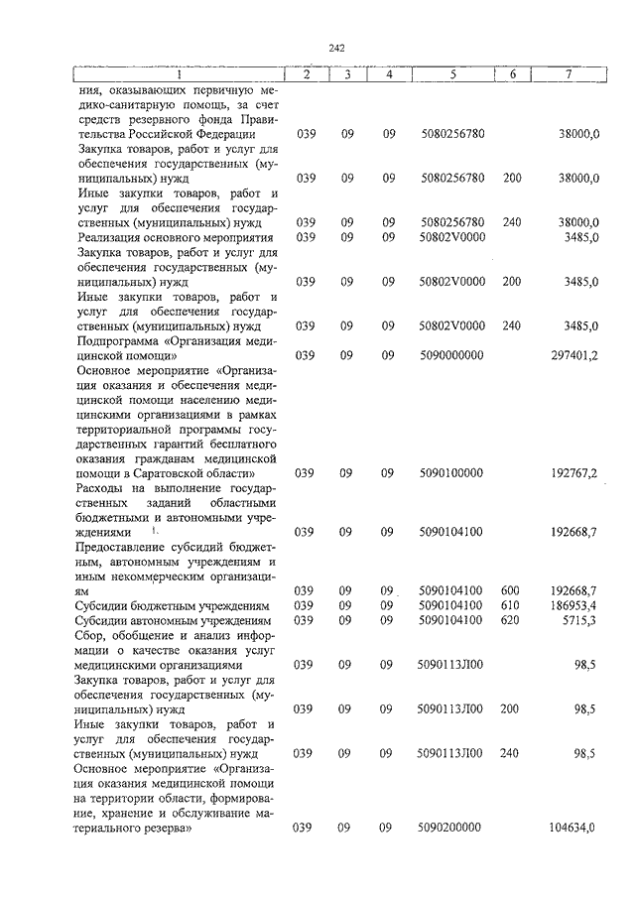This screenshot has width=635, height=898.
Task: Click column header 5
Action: click(x=451, y=74)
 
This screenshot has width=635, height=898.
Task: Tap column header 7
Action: click(x=569, y=74)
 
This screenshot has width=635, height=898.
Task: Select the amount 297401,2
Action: click(x=574, y=355)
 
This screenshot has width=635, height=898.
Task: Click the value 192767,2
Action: click(x=574, y=473)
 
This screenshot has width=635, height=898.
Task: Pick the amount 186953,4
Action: click(x=574, y=605)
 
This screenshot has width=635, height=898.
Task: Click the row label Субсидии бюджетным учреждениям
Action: click(x=172, y=605)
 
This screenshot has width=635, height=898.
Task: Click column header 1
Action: click(x=179, y=74)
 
